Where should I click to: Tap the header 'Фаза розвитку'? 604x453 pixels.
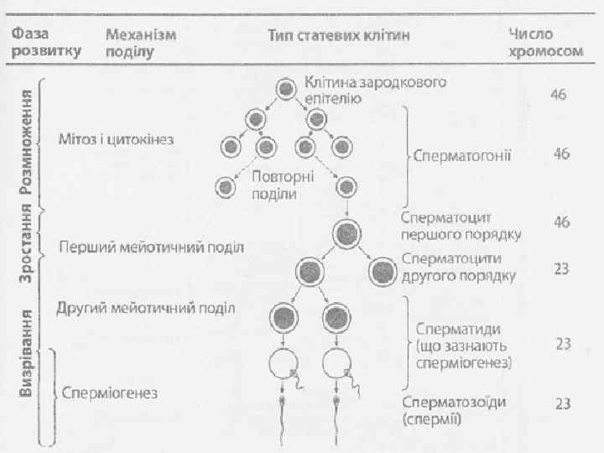point(46,42)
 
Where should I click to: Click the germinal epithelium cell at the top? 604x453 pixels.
point(286,88)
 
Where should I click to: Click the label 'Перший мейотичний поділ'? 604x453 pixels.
point(151,247)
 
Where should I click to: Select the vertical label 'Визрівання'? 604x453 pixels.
point(26,352)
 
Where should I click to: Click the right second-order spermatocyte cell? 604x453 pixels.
point(383,271)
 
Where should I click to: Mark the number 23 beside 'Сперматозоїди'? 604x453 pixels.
point(561,404)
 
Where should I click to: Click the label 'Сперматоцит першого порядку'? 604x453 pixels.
point(461,225)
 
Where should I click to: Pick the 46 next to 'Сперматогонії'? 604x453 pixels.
point(561,154)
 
